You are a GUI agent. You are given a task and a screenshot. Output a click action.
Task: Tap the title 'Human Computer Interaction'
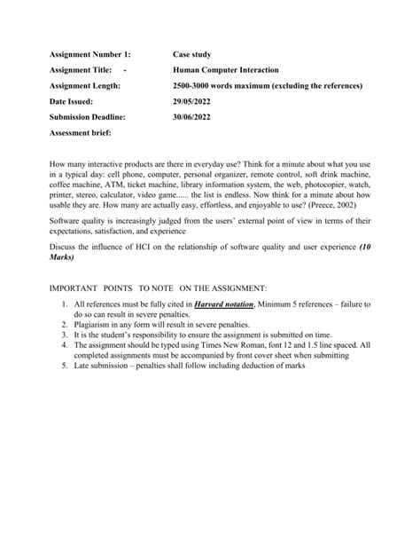point(225,69)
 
